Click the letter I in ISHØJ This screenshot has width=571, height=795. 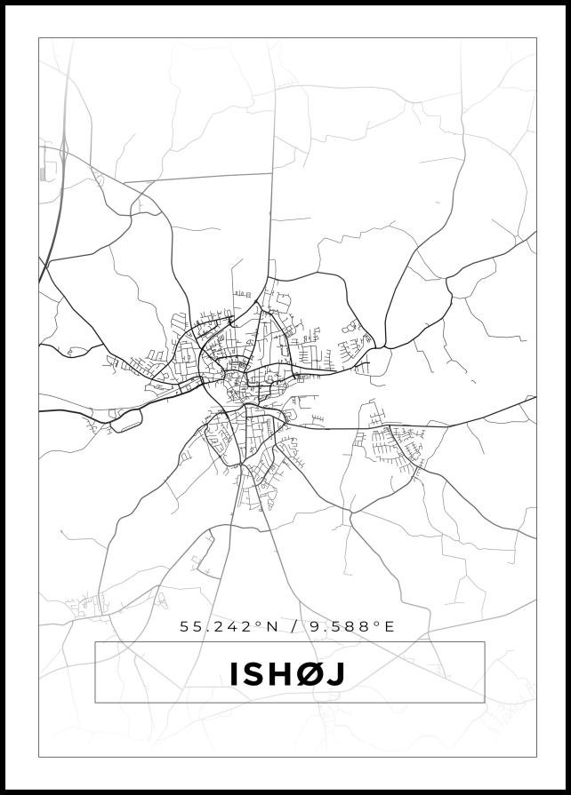pyautogui.click(x=234, y=674)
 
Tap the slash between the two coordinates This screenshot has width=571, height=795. pyautogui.click(x=294, y=626)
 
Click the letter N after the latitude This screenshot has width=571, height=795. pyautogui.click(x=272, y=626)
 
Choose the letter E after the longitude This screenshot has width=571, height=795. pyautogui.click(x=388, y=626)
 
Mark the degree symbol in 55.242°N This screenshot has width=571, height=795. pyautogui.click(x=259, y=624)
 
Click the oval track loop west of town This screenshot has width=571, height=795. pyautogui.click(x=125, y=420)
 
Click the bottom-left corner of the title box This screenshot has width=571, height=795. pyautogui.click(x=95, y=703)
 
